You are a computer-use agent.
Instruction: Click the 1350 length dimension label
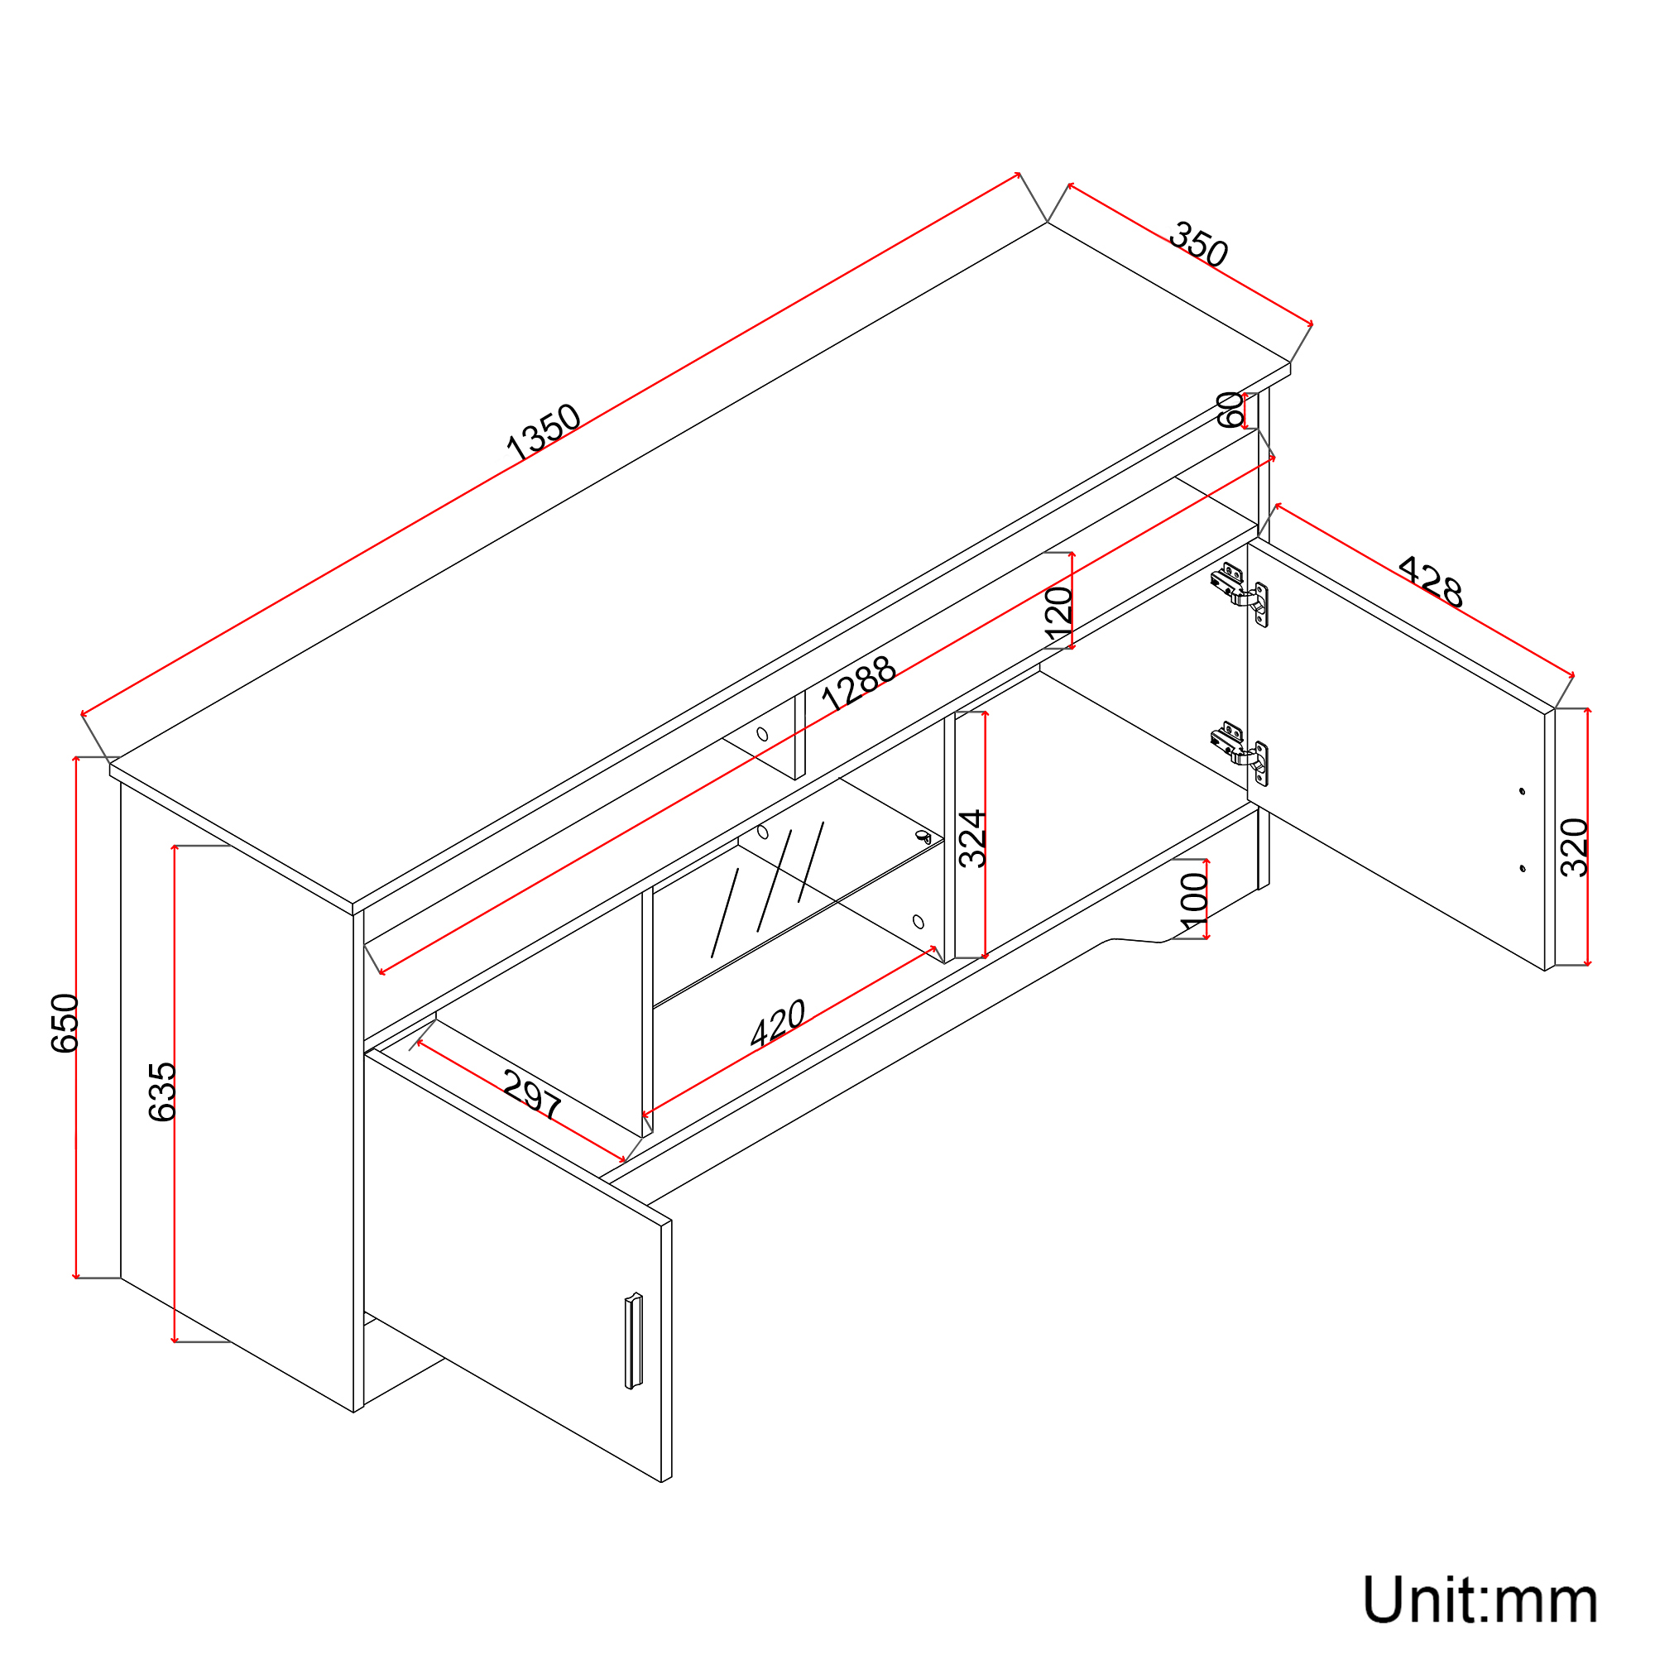point(543,431)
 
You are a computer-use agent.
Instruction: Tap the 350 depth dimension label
point(1198,244)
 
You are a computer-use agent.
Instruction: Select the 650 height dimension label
point(65,1023)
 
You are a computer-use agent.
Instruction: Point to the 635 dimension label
point(162,1092)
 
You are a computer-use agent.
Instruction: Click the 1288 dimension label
point(857,683)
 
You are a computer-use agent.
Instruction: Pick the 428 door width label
point(1430,582)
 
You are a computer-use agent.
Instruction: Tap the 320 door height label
point(1575,847)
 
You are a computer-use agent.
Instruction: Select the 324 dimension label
point(972,838)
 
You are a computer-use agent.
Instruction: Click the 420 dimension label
point(777,1023)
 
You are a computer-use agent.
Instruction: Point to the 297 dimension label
point(532,1094)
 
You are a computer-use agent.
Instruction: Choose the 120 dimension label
point(1059,613)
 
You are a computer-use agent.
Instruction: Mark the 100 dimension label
point(1193,901)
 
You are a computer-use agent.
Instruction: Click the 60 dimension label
point(1230,410)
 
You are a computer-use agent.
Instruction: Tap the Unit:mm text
point(1480,1600)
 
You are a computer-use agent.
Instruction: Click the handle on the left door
point(633,1341)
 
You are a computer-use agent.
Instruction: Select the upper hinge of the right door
point(1239,593)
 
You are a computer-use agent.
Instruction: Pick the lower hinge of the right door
point(1239,753)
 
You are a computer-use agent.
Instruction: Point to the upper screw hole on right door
point(1523,790)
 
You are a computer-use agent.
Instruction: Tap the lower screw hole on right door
point(1523,869)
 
